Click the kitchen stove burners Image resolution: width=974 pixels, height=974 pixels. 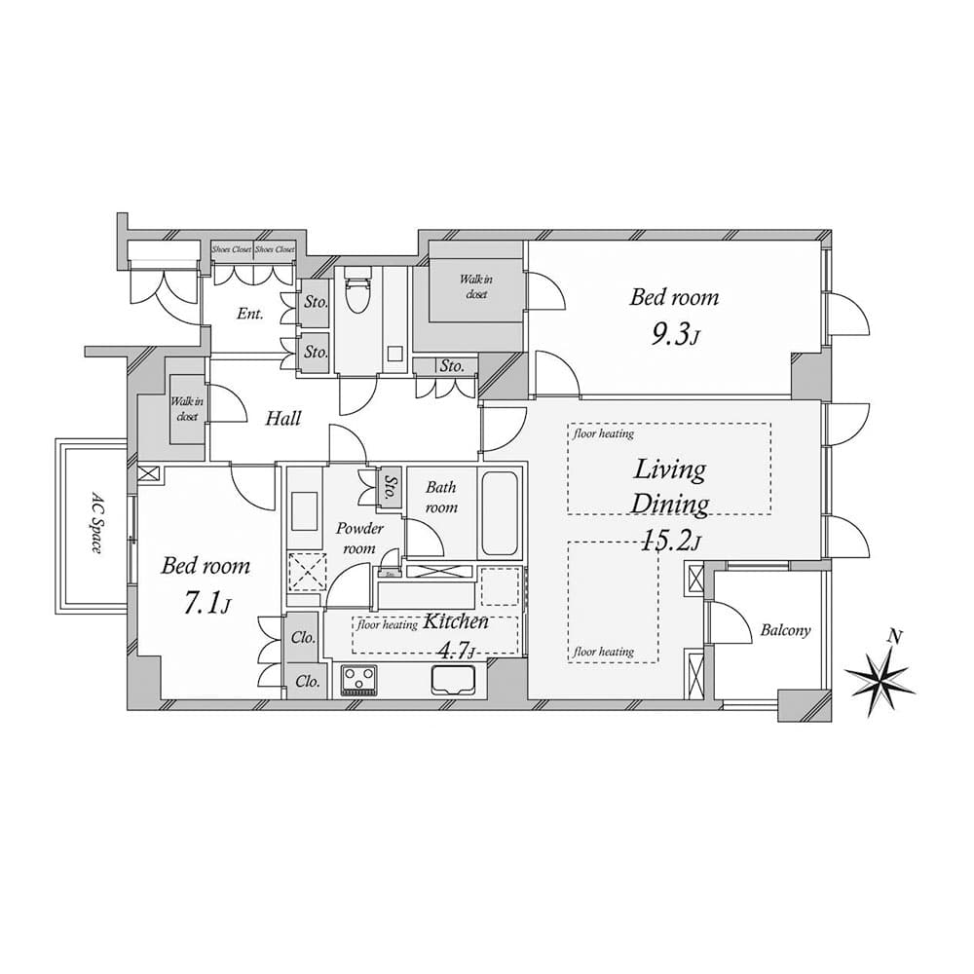[358, 679]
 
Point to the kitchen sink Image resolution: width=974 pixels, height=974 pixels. [452, 679]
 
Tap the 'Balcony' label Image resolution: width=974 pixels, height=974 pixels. [784, 630]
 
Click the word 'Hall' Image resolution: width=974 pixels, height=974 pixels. [282, 419]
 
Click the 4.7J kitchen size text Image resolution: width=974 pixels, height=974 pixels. [457, 650]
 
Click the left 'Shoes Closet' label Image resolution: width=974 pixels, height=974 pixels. [232, 249]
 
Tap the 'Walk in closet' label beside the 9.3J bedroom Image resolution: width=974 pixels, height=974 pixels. [476, 286]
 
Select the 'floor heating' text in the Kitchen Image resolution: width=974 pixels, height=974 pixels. [388, 625]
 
